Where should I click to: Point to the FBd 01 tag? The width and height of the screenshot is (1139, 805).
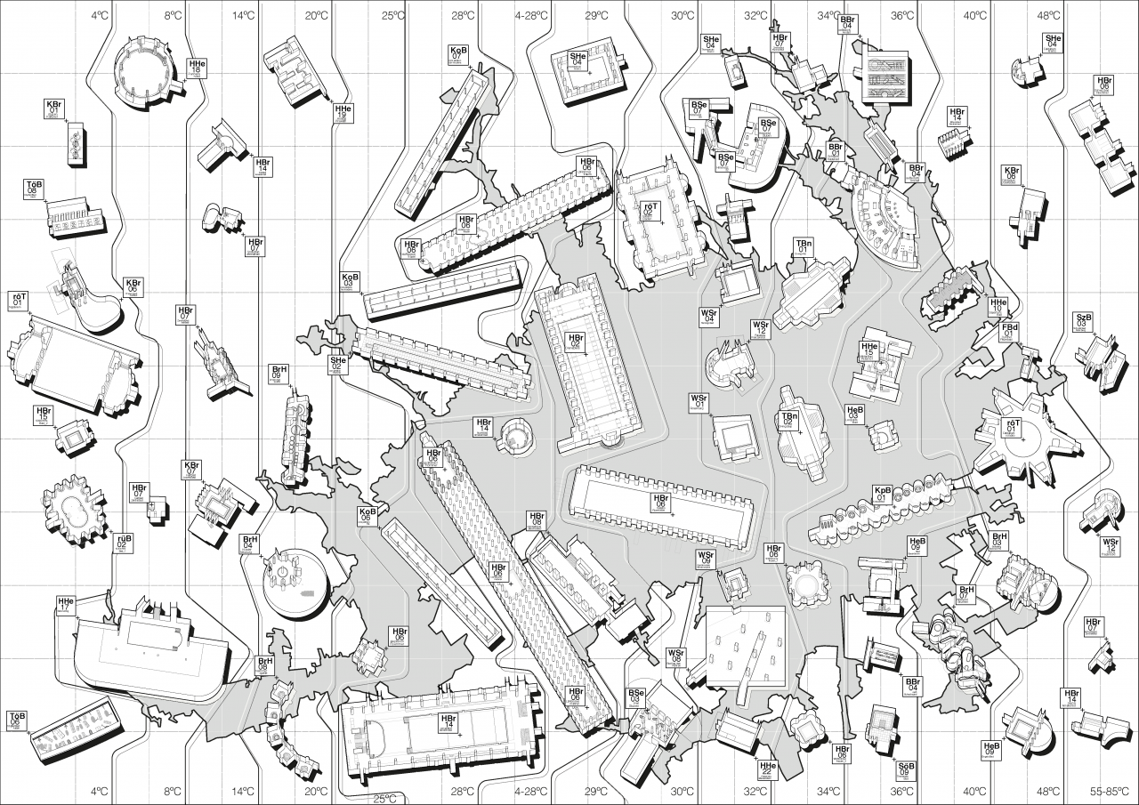tap(1010, 332)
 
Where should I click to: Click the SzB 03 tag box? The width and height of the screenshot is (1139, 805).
tap(1084, 321)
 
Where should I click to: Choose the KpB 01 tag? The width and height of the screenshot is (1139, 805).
tap(883, 495)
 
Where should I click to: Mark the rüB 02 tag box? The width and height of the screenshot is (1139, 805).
tap(124, 543)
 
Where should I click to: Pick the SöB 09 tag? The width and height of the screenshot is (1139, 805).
tap(907, 770)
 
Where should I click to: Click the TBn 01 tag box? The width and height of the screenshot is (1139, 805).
tap(804, 247)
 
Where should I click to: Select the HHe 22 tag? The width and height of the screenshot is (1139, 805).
tap(767, 769)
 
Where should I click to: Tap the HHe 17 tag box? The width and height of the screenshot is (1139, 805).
tap(65, 605)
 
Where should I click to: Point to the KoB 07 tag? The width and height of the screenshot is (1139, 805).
tap(459, 54)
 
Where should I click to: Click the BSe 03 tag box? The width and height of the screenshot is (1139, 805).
tap(636, 697)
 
